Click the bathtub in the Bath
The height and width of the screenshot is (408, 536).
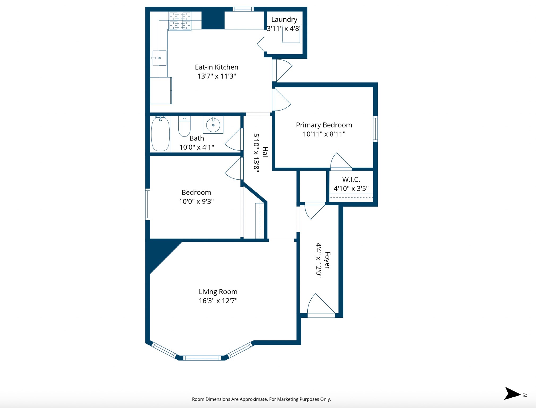click(x=160, y=134)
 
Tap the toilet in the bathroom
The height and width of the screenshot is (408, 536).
click(x=184, y=126)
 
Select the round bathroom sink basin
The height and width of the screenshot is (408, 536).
click(x=213, y=125)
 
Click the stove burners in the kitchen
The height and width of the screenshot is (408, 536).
click(x=180, y=21)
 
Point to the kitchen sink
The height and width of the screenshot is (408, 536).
click(x=159, y=58)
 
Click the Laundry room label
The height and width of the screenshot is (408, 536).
click(x=284, y=19)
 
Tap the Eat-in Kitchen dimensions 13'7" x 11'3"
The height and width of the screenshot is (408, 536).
click(x=217, y=76)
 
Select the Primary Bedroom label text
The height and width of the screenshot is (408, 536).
click(x=324, y=125)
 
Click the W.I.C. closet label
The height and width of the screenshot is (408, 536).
click(x=351, y=180)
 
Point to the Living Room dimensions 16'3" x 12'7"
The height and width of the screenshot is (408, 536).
click(x=218, y=301)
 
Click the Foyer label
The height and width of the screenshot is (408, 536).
click(x=327, y=260)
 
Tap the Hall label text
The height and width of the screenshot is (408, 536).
click(x=265, y=153)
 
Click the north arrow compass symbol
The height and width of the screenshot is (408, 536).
click(x=512, y=393)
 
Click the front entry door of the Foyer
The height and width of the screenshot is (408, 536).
click(x=321, y=315)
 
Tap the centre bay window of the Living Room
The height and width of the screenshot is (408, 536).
click(x=202, y=358)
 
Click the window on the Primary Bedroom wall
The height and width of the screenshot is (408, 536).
click(x=375, y=129)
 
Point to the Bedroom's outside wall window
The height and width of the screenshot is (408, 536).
click(x=148, y=204)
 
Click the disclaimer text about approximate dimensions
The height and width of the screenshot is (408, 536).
click(x=261, y=399)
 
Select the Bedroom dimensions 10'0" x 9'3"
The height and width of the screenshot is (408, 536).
click(x=196, y=201)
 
